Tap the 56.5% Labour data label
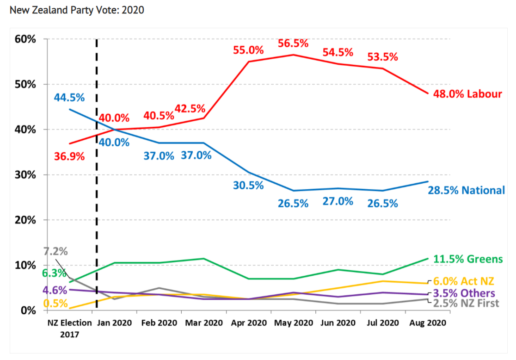(293, 43)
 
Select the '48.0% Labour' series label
(467, 94)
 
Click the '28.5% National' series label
(466, 190)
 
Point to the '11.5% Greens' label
(468, 259)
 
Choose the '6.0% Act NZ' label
(464, 281)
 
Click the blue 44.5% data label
(69, 98)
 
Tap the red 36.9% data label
(69, 156)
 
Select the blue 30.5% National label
(248, 186)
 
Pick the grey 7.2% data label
(56, 252)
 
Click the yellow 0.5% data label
(55, 304)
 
